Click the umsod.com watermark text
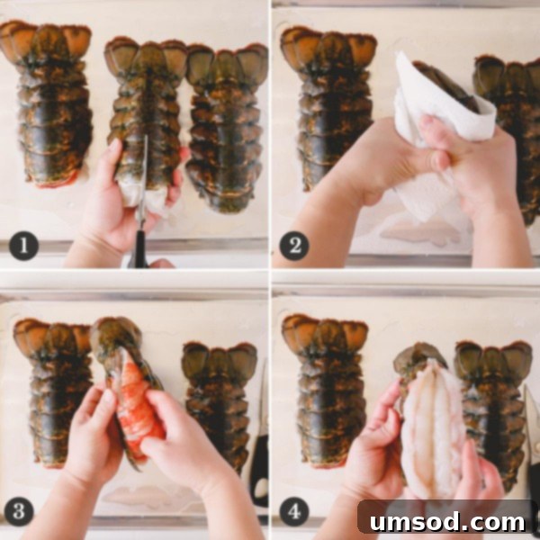[446, 519]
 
